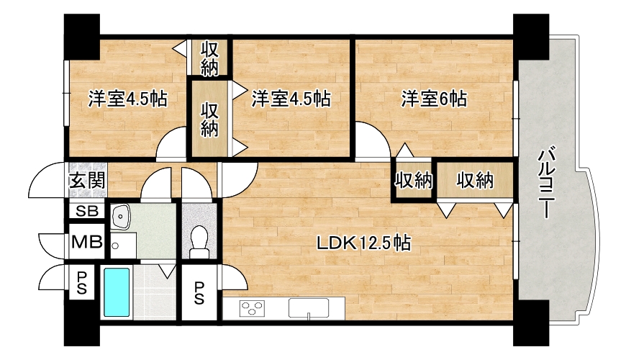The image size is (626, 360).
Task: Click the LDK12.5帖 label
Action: pyautogui.click(x=363, y=242)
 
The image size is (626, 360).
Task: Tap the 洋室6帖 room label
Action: pyautogui.click(x=434, y=99)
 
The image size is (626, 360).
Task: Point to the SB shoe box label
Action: pyautogui.click(x=87, y=211)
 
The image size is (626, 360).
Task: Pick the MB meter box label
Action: pyautogui.click(x=87, y=241)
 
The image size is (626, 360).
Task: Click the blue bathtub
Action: pyautogui.click(x=117, y=292)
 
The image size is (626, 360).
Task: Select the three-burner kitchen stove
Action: pyautogui.click(x=252, y=308)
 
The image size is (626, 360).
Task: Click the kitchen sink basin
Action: pyautogui.click(x=309, y=308)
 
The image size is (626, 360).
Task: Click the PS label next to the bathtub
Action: pyautogui.click(x=82, y=282)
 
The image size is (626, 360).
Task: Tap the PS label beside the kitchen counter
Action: pyautogui.click(x=199, y=293)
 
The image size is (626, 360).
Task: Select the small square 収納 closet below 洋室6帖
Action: pyautogui.click(x=414, y=180)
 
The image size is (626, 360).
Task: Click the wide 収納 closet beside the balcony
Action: pyautogui.click(x=475, y=180)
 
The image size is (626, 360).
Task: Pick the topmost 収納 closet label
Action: pyautogui.click(x=209, y=58)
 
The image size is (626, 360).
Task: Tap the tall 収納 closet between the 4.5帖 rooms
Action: pyautogui.click(x=209, y=119)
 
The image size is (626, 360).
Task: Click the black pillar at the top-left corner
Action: pyautogui.click(x=82, y=37)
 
